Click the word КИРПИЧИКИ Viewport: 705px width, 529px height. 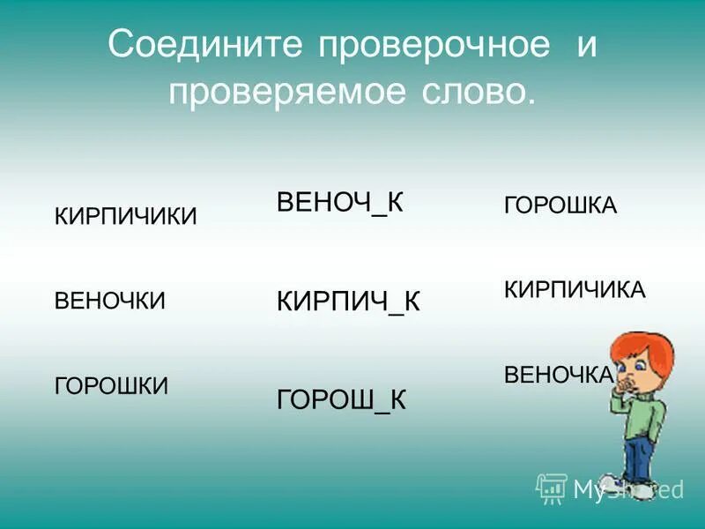[126, 217]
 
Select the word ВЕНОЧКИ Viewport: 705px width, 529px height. [110, 301]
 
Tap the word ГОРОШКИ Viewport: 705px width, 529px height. [112, 385]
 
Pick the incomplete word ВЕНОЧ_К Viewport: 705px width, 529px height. [340, 202]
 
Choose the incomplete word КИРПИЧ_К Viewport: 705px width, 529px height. [348, 302]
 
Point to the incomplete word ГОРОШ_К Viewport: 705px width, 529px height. [341, 399]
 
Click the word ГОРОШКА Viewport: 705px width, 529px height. [560, 206]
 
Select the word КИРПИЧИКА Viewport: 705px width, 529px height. [575, 290]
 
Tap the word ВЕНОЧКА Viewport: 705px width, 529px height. [558, 375]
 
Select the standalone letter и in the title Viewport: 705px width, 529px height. [588, 46]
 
